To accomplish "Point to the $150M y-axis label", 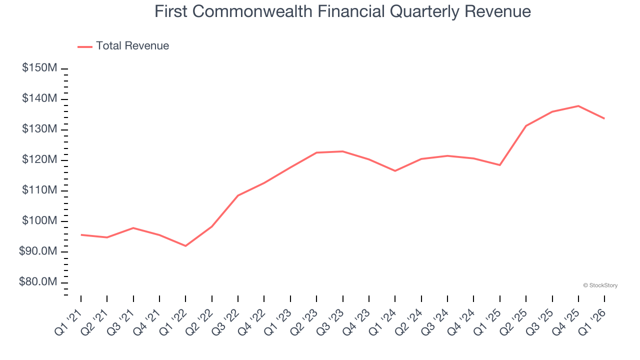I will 39,68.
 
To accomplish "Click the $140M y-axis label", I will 39,99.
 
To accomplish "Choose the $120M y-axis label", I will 39,160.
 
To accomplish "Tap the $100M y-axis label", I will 39,221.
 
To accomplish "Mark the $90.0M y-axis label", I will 37,251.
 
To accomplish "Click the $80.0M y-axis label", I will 37,282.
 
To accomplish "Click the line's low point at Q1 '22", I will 185,246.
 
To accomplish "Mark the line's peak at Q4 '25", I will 578,106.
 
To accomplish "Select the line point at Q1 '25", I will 500,165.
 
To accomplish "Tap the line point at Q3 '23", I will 343,151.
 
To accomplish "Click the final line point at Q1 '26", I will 604,118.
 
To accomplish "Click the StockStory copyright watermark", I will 600,285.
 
